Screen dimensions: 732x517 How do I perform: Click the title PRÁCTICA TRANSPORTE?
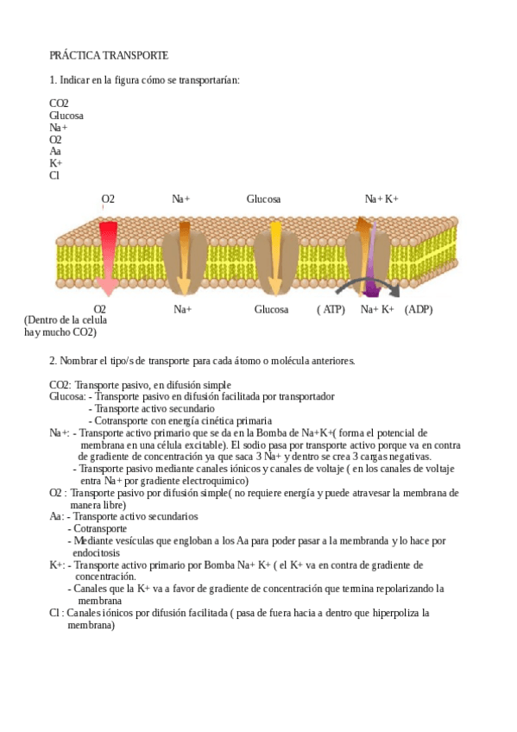[x=108, y=55]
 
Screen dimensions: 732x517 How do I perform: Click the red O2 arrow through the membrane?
[x=107, y=255]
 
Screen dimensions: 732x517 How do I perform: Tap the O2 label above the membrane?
[x=108, y=199]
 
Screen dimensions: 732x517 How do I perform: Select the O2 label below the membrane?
[x=100, y=309]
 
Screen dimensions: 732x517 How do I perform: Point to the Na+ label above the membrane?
[x=181, y=199]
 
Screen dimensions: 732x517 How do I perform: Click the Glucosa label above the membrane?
[x=263, y=199]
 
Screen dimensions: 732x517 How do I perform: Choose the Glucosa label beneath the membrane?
[x=271, y=309]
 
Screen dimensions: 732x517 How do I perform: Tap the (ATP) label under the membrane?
[x=331, y=309]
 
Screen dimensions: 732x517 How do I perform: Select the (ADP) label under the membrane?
[x=419, y=309]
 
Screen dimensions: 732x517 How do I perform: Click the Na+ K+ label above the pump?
[x=381, y=199]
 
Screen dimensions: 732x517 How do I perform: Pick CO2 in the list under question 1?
[x=59, y=103]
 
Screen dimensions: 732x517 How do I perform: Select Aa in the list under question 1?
[x=55, y=151]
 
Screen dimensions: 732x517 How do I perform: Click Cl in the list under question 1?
[x=54, y=175]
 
